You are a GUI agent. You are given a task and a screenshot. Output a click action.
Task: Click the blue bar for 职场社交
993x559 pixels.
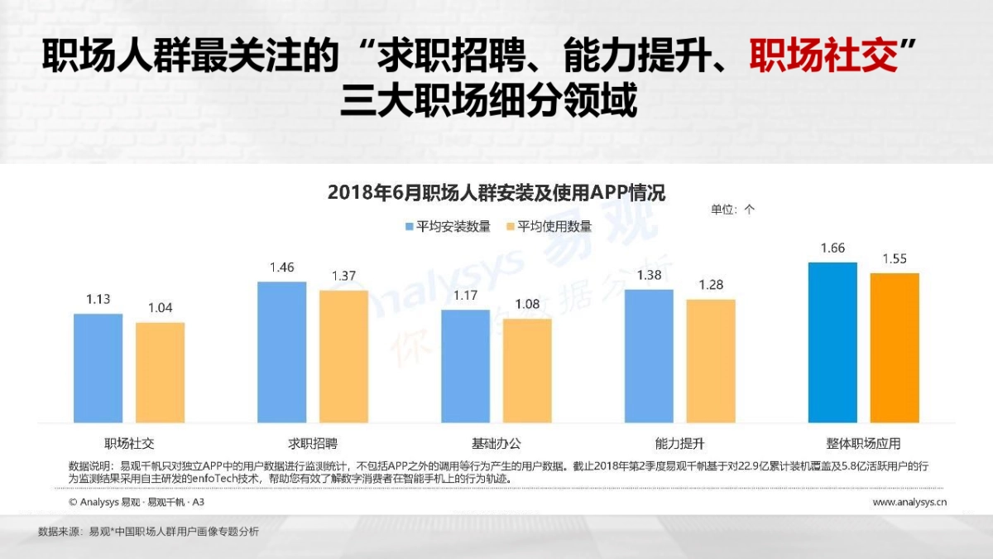(x=98, y=368)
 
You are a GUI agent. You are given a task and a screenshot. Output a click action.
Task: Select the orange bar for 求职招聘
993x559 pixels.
(x=343, y=356)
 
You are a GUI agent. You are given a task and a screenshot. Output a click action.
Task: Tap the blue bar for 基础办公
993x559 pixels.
(x=465, y=365)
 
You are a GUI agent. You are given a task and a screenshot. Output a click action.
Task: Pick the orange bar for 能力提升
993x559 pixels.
(x=711, y=360)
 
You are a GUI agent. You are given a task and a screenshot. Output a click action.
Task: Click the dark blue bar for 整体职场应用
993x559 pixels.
(x=832, y=342)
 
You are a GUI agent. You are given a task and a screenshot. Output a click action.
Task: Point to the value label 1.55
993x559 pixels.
(x=895, y=259)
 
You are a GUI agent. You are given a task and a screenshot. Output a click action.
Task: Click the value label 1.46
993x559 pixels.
(x=281, y=267)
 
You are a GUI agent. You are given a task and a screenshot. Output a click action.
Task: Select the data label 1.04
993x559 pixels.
(x=161, y=308)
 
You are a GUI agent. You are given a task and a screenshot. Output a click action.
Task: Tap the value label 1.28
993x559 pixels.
(x=711, y=285)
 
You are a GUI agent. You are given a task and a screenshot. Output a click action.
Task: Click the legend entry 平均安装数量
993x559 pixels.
(x=447, y=226)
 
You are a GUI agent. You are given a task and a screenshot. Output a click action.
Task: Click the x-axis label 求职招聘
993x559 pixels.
(x=313, y=442)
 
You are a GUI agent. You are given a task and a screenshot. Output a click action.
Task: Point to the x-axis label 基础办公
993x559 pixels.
(x=496, y=442)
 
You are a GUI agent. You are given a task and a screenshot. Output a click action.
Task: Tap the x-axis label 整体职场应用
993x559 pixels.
(x=863, y=442)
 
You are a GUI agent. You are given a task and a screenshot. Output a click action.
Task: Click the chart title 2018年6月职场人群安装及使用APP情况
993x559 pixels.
(x=496, y=192)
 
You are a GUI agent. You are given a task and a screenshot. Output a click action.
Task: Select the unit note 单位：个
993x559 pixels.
(x=732, y=210)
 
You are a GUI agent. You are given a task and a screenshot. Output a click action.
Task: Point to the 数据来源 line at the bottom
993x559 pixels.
(x=149, y=532)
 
